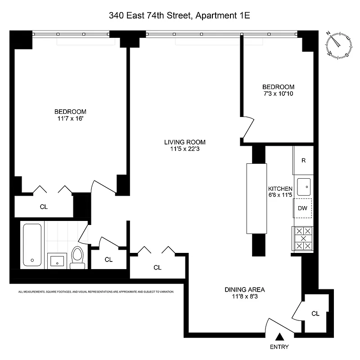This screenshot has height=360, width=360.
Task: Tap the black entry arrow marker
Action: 279,336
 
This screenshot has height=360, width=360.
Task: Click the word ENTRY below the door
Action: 279,347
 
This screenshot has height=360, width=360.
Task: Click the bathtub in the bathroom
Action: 32,245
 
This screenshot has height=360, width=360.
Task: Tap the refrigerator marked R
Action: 303,160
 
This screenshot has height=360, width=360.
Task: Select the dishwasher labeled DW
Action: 303,208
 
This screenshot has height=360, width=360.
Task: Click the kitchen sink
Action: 304,186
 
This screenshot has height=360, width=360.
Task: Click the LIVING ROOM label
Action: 181,142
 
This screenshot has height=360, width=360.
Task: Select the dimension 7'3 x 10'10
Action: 278,94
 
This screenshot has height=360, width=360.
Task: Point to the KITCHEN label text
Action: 280,189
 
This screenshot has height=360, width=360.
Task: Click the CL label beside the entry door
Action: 315,313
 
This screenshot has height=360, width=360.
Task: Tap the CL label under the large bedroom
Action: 44,207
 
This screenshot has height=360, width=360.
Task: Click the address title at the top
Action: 179,15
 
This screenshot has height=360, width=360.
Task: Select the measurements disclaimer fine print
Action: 96,292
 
